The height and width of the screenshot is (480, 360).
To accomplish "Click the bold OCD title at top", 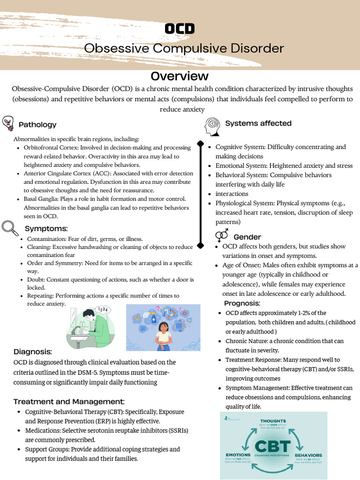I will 180,29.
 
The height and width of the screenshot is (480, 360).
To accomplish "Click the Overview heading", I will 180,76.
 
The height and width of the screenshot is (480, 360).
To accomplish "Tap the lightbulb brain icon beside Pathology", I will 8,124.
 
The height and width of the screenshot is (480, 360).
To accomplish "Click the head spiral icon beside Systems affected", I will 212,126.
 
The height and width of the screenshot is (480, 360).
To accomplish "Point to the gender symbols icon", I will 222,235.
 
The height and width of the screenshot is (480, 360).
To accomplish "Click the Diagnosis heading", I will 33,352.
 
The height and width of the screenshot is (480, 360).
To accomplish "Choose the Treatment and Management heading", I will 69,402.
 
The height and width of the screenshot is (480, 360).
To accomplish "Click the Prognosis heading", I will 242,303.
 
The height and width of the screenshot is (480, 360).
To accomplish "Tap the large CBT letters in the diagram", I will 273,446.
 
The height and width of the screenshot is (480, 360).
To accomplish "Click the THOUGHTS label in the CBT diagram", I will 273,421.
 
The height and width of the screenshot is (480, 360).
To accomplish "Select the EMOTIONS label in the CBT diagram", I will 238,455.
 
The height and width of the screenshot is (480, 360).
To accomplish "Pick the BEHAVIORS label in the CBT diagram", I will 308,455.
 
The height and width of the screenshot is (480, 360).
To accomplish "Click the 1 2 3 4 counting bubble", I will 104,310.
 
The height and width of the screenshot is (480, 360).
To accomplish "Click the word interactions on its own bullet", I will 232,194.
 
